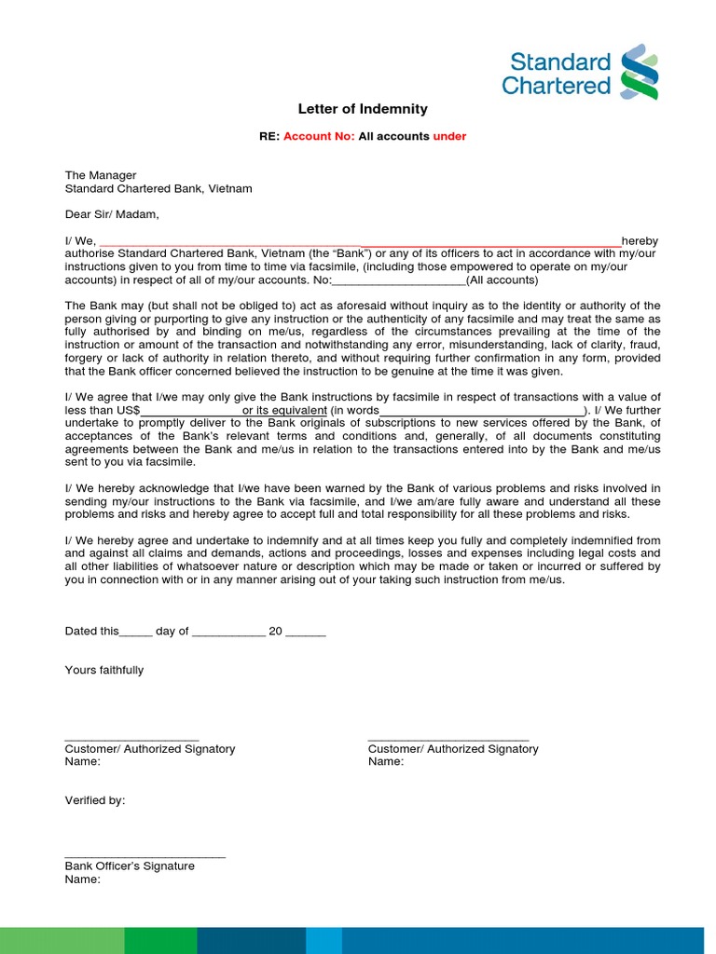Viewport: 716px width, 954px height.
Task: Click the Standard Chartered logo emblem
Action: click(640, 72)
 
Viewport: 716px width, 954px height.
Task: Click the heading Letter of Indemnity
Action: click(363, 109)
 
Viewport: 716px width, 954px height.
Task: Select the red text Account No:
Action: click(319, 136)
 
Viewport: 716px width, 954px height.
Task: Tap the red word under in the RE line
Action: click(449, 136)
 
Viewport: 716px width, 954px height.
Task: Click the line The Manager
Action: click(100, 175)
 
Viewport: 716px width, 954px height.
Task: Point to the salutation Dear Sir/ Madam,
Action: click(112, 214)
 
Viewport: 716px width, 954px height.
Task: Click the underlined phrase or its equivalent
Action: click(284, 411)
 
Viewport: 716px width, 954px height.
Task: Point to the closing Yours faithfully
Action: click(103, 670)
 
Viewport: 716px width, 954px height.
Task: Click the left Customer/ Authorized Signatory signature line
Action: click(131, 739)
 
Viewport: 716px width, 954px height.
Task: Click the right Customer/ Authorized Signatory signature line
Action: click(448, 739)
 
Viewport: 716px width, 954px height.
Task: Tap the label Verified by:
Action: click(94, 800)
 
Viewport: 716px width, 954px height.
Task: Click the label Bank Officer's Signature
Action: click(130, 866)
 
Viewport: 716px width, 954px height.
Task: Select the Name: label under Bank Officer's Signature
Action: click(82, 879)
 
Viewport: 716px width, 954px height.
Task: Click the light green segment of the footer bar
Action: click(62, 940)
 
